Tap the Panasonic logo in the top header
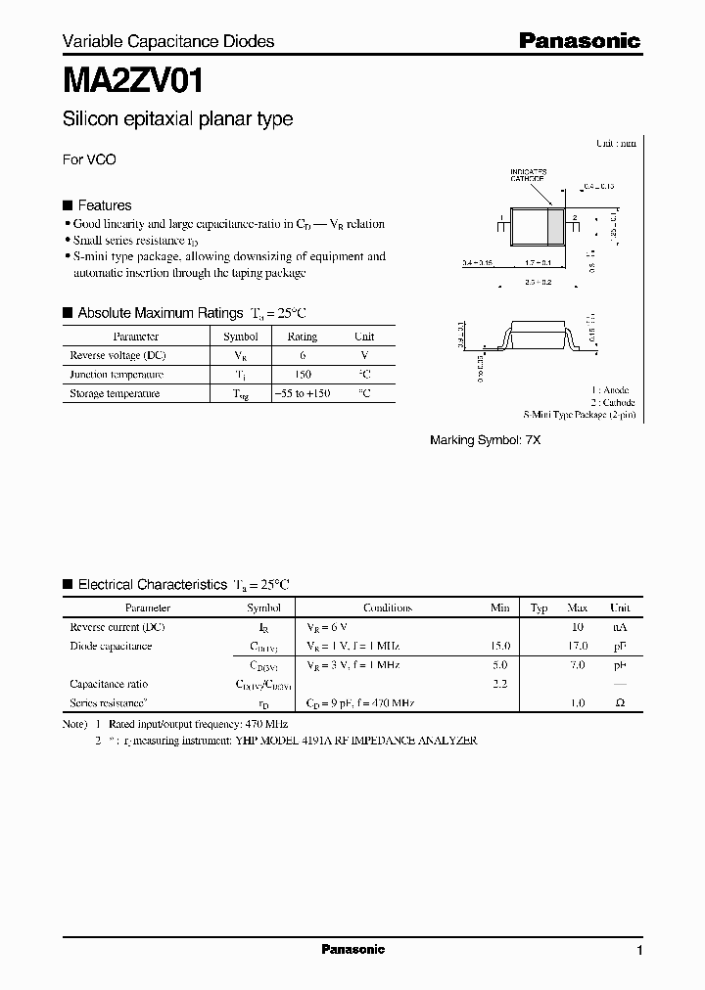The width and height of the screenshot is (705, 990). [579, 40]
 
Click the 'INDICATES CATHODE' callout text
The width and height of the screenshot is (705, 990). [528, 176]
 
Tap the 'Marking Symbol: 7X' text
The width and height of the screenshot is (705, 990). [485, 440]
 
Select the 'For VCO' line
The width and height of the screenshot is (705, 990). [89, 159]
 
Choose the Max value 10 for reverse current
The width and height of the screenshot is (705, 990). [577, 626]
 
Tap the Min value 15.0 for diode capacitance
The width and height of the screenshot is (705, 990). [499, 646]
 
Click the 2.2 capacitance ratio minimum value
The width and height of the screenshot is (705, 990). [499, 684]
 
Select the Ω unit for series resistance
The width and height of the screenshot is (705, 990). [620, 702]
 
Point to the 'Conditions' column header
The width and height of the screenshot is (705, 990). [388, 607]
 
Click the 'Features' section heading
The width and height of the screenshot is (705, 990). [104, 205]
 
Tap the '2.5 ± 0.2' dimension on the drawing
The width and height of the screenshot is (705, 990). [538, 281]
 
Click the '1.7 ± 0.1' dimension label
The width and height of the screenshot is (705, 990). [538, 263]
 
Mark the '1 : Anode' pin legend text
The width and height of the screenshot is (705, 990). [611, 389]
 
